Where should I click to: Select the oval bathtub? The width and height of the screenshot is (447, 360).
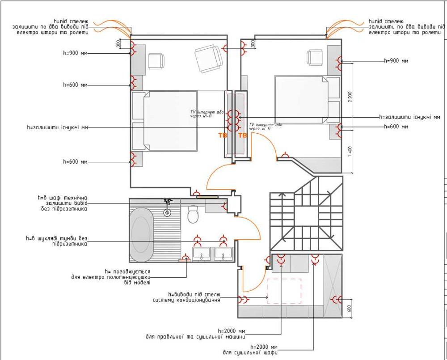click(141, 234)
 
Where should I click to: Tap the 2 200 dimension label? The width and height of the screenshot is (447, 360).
click(350, 97)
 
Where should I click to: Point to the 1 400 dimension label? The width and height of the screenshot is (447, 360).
click(350, 152)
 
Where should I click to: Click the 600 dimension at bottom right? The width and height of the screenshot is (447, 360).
click(350, 309)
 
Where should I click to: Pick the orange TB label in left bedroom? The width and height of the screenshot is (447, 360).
click(223, 135)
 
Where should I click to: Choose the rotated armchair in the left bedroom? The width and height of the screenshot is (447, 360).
click(209, 58)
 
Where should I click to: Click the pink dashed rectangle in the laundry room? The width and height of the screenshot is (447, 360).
click(284, 291)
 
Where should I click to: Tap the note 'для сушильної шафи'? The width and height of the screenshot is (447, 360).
click(250, 352)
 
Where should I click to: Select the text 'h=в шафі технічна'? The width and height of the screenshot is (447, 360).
click(63, 198)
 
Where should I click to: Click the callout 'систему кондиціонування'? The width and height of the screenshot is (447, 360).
click(186, 300)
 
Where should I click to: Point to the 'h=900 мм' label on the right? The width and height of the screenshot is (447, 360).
click(396, 61)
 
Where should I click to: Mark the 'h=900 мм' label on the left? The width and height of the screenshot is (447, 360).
click(75, 53)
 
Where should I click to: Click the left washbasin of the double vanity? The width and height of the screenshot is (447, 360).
click(202, 254)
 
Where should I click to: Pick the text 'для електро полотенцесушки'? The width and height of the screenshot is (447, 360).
click(111, 277)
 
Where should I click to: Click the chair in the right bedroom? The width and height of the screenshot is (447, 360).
click(315, 58)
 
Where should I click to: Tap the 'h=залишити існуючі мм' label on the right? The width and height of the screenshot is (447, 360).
click(409, 117)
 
